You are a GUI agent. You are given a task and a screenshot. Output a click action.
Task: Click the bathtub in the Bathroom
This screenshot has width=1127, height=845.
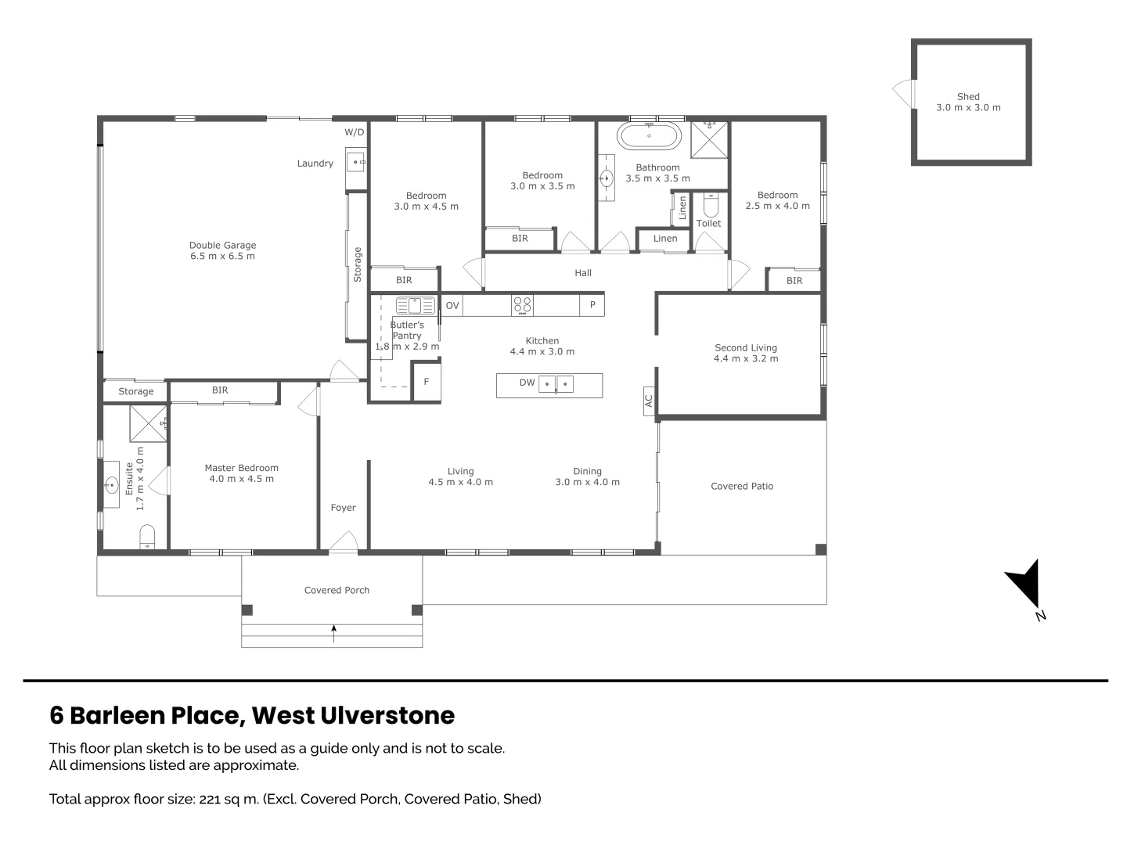click(649, 136)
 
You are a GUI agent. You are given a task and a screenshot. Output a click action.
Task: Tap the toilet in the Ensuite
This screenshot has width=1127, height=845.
click(147, 537)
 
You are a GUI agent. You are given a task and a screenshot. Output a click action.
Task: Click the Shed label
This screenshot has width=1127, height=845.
click(968, 96)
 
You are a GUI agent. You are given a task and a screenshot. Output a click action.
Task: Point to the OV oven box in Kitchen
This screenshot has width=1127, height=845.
click(452, 305)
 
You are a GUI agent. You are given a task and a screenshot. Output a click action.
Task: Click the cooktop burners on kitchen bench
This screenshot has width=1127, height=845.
click(522, 305)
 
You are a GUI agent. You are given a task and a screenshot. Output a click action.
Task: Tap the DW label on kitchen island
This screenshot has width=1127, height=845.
click(527, 383)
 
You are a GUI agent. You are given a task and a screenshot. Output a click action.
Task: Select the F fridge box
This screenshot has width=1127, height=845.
click(427, 381)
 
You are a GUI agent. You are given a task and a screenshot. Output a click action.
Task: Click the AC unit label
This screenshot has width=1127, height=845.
click(649, 401)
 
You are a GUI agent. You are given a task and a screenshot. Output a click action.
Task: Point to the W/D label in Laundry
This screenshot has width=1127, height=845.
click(355, 132)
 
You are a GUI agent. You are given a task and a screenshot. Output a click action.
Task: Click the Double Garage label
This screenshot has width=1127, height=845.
click(222, 245)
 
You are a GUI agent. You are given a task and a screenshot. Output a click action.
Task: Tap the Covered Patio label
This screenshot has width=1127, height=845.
click(741, 486)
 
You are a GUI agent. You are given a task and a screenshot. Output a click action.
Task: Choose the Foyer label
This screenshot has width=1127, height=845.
click(343, 508)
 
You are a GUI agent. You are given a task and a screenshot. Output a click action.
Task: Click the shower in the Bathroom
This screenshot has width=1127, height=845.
click(708, 139)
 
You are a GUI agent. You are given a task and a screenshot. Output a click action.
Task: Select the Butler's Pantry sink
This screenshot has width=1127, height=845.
click(416, 306)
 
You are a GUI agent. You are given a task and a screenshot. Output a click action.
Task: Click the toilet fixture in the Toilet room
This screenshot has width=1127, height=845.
click(710, 205)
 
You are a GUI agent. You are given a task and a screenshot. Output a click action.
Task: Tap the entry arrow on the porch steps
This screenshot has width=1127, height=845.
click(333, 633)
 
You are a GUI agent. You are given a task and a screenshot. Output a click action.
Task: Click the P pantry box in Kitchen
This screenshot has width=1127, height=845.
click(592, 305)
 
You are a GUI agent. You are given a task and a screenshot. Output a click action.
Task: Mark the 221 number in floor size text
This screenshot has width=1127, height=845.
click(210, 800)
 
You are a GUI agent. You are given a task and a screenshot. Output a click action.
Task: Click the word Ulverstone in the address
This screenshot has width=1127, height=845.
click(387, 716)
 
